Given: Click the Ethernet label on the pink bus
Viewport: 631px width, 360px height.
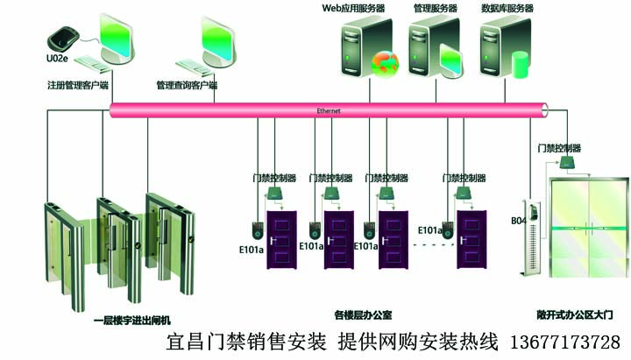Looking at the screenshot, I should (328, 111).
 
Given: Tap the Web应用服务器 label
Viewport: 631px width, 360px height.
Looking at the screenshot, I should (352, 8).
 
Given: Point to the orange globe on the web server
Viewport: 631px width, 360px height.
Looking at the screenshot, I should (384, 63).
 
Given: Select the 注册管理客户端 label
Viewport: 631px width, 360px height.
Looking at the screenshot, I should (77, 86).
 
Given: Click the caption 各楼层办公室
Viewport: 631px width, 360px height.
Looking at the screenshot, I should (363, 313).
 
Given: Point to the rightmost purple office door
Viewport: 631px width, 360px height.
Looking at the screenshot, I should (471, 238).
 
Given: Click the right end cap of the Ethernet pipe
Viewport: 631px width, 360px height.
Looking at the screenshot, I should (544, 110).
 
